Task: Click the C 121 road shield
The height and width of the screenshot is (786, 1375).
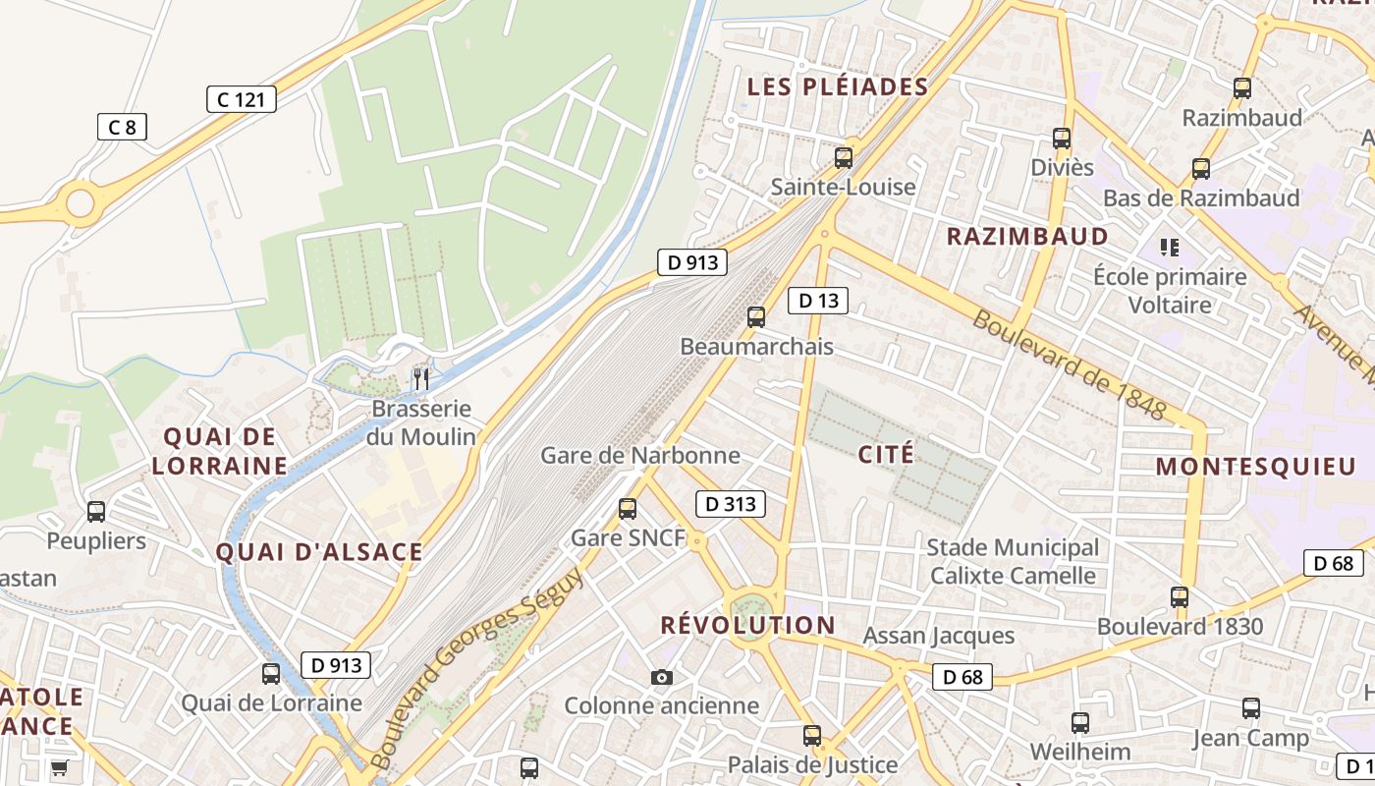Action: coord(241,99)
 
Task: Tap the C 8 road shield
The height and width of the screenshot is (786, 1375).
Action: coord(122,127)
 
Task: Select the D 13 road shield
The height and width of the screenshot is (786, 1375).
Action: coord(817,301)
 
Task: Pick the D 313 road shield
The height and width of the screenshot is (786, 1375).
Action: coord(730,505)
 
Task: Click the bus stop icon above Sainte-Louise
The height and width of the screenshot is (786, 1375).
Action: coord(843,157)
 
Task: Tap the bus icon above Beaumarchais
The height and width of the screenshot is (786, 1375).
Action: coord(755,316)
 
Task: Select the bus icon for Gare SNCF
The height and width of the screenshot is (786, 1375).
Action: coord(628,509)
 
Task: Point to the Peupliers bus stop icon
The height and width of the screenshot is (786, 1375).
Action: coord(95,512)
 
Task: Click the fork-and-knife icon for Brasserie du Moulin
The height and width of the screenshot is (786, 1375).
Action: coord(421,379)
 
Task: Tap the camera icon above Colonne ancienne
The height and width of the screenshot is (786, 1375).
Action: coord(662,677)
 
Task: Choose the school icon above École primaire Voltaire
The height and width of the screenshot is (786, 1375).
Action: coord(1169,247)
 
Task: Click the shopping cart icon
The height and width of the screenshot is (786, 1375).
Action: coord(60,767)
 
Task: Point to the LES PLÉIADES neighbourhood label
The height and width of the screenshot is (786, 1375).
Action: coord(838,86)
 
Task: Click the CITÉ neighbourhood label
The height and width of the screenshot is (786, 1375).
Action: coord(885,454)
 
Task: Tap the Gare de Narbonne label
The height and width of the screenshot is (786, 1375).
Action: coord(640,455)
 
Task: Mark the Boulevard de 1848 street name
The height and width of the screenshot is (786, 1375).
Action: coord(1070,365)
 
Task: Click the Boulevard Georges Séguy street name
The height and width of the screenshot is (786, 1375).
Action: coord(478,669)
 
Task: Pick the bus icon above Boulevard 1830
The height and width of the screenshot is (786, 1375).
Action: coord(1180,596)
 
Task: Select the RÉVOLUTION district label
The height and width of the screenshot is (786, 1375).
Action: coord(747,625)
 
